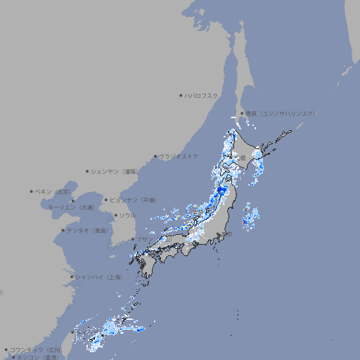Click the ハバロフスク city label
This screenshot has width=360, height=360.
click(x=202, y=95)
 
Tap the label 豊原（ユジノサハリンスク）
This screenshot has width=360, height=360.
click(x=280, y=113)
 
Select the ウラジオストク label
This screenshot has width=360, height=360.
click(x=179, y=156)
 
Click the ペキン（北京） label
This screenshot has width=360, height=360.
click(x=53, y=191)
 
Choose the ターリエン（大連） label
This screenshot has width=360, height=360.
click(x=70, y=207)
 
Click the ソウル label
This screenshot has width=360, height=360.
click(x=127, y=215)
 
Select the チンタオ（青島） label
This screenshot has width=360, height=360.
click(x=88, y=230)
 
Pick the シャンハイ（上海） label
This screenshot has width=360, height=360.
click(x=99, y=277)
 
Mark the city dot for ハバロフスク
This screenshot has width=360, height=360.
click(x=181, y=95)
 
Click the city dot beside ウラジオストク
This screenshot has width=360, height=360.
click(x=155, y=156)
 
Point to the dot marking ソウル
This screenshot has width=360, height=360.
click(x=115, y=215)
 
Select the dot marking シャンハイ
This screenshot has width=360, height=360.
click(x=72, y=277)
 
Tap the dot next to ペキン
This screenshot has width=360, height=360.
click(x=32, y=191)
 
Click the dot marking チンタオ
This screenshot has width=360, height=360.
click(x=63, y=230)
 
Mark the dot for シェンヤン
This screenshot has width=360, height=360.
click(x=88, y=171)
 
